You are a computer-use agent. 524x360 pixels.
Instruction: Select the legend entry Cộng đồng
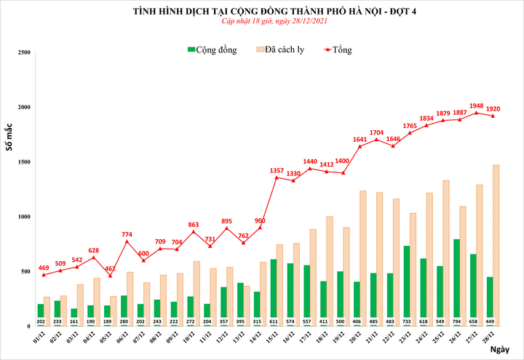pyautogui.click(x=217, y=49)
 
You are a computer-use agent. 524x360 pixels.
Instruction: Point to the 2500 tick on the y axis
pyautogui.click(x=23, y=53)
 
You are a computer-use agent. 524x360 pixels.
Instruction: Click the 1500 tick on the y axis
pyautogui.click(x=23, y=162)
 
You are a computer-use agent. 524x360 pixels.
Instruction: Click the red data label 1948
pyautogui.click(x=477, y=105)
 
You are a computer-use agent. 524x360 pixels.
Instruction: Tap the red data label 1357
pyautogui.click(x=277, y=170)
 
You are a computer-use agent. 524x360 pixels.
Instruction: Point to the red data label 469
pyautogui.click(x=43, y=268)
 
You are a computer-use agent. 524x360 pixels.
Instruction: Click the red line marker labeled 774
pyautogui.click(x=127, y=241)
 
